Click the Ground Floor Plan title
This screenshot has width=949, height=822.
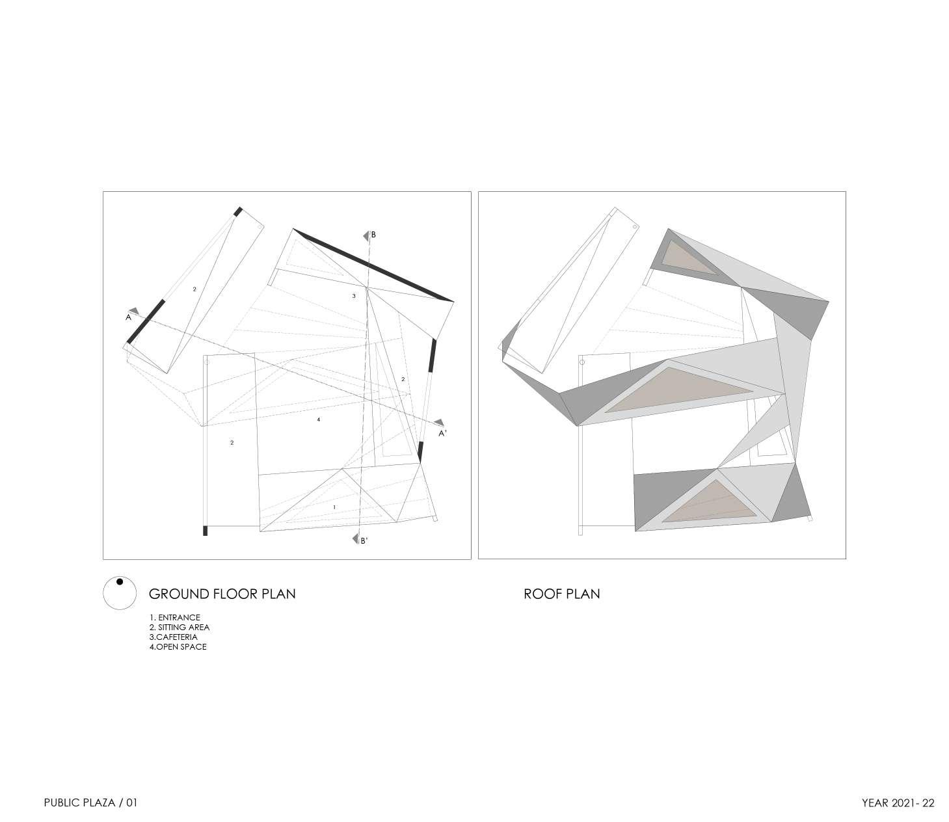tap(222, 594)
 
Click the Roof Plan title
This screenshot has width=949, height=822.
tap(561, 594)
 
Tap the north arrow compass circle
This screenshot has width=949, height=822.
tap(119, 593)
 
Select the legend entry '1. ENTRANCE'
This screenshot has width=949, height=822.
tap(174, 618)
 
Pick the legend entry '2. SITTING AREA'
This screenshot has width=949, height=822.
tap(179, 628)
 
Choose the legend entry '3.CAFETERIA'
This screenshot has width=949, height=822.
tap(172, 637)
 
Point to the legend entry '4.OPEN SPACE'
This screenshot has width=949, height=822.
tap(178, 647)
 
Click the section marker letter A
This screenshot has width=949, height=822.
tap(129, 318)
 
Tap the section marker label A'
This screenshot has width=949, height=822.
tap(442, 433)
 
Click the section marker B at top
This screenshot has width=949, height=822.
tap(373, 234)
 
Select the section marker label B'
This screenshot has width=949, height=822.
tap(364, 540)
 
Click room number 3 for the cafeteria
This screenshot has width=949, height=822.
tap(354, 296)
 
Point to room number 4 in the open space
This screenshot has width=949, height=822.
tap(318, 420)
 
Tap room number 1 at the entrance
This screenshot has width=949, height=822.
tap(334, 507)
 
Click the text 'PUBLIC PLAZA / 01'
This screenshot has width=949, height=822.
tap(90, 803)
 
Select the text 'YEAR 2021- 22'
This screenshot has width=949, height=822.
tap(898, 803)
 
